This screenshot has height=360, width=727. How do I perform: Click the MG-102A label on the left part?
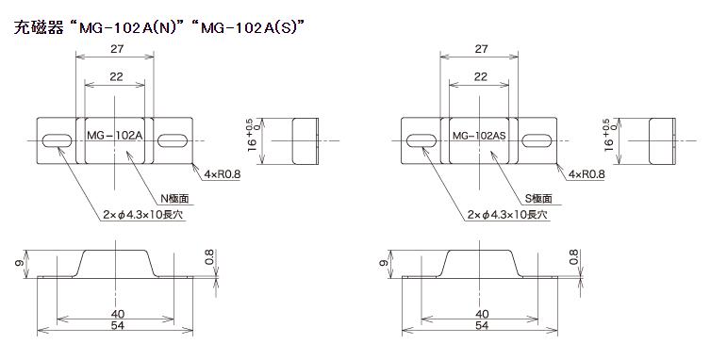point(114,136)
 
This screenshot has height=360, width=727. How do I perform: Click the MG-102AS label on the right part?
point(479,136)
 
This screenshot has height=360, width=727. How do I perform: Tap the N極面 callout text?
point(174,199)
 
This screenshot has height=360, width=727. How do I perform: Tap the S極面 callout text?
point(538,199)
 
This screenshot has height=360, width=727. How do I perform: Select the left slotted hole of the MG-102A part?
point(57,140)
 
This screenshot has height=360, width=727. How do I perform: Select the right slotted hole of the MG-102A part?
point(173,140)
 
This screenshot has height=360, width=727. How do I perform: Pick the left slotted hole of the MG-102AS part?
point(421,140)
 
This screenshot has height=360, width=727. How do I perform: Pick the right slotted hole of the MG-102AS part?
point(537,140)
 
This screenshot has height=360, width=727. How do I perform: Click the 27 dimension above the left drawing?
point(117,49)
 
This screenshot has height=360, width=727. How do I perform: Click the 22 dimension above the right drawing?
point(480,77)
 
